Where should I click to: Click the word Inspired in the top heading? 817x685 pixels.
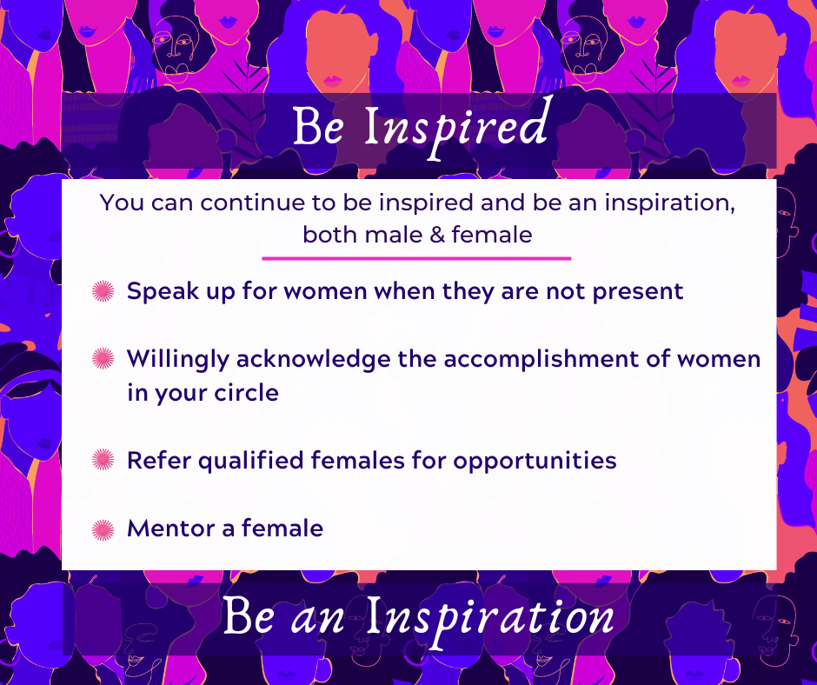click(x=456, y=127)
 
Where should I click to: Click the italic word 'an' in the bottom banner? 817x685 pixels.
click(x=318, y=621)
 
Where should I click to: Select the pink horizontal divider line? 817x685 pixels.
click(x=416, y=258)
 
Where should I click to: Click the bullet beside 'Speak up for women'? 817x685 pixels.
click(x=103, y=291)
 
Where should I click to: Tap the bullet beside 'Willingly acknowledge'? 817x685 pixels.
click(x=103, y=359)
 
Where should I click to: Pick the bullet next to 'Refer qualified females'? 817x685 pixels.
click(x=103, y=460)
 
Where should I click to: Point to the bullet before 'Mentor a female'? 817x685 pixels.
click(x=103, y=529)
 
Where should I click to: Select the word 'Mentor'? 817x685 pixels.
click(x=171, y=529)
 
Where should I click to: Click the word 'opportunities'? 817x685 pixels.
click(x=535, y=462)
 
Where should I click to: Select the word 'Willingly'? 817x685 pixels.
click(x=178, y=360)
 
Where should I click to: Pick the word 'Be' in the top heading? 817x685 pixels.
click(x=318, y=127)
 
